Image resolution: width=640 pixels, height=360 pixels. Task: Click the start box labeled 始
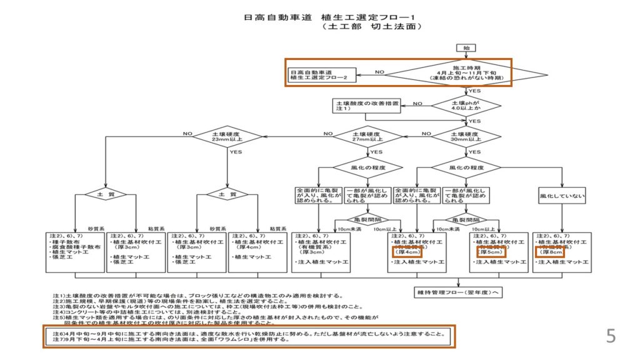pyautogui.click(x=466, y=48)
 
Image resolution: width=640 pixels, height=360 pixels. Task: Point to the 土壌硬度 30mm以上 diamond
pyautogui.click(x=466, y=137)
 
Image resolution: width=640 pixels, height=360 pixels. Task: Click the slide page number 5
pyautogui.click(x=611, y=336)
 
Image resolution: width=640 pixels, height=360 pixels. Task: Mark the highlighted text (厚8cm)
pyautogui.click(x=550, y=253)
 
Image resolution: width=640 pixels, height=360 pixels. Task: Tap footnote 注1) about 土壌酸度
pyautogui.click(x=201, y=294)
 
